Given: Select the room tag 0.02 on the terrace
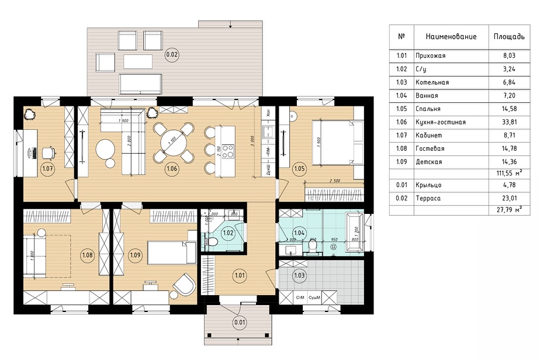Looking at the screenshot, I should point(172,56).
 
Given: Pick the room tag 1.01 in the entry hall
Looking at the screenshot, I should point(240,274).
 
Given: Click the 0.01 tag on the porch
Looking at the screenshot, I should point(240,321).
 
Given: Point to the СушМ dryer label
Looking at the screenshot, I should point(315,298).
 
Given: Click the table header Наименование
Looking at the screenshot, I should point(451,37).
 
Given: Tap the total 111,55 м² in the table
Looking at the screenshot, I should point(506,174).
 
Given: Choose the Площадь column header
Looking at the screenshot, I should point(508,37).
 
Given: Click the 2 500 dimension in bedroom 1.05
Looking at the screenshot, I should point(335,181).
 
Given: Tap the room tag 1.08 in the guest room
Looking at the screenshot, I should point(88,255).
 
